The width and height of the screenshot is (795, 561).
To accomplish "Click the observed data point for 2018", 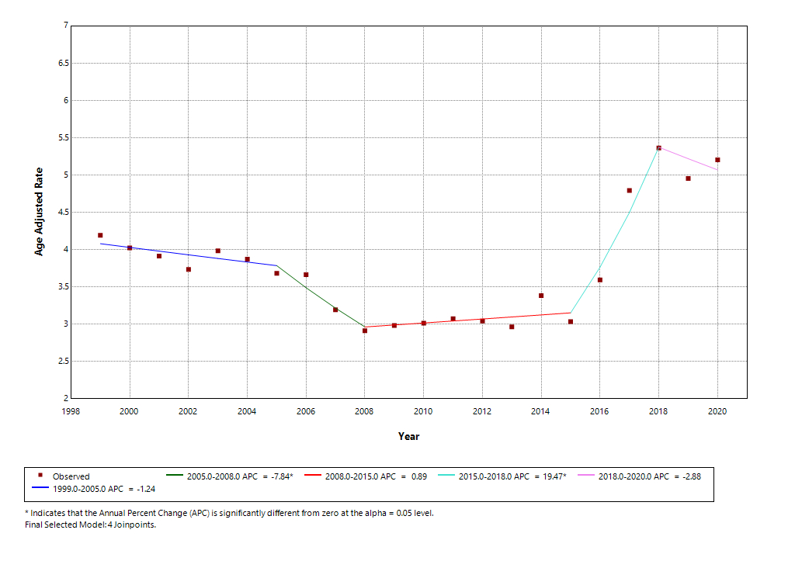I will pyautogui.click(x=658, y=147).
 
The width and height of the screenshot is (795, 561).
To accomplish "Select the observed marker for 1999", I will pyautogui.click(x=100, y=235).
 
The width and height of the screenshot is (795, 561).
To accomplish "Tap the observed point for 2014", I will pyautogui.click(x=541, y=296).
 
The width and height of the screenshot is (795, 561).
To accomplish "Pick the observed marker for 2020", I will pyautogui.click(x=717, y=160).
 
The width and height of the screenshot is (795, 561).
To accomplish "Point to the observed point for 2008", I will pyautogui.click(x=365, y=331).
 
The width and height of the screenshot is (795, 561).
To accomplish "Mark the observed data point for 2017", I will pyautogui.click(x=630, y=190).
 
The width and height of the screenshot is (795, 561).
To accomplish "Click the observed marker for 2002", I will pyautogui.click(x=189, y=269).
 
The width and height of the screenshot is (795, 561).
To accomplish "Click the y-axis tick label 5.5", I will pyautogui.click(x=64, y=138).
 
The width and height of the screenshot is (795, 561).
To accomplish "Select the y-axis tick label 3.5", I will pyautogui.click(x=64, y=287).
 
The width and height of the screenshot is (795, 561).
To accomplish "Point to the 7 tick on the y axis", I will pyautogui.click(x=66, y=26).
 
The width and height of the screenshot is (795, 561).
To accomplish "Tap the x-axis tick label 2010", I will pyautogui.click(x=423, y=411).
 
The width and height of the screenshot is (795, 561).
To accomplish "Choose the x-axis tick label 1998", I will pyautogui.click(x=71, y=411).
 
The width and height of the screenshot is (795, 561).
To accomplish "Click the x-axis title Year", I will pyautogui.click(x=408, y=436).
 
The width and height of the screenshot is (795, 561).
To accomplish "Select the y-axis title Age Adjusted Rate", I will pyautogui.click(x=39, y=212).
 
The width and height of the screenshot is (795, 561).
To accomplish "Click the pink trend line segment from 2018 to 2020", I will pyautogui.click(x=688, y=158).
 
